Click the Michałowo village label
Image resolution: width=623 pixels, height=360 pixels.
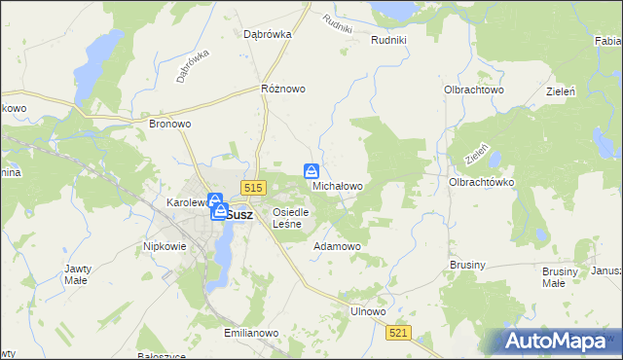[x=338, y=185]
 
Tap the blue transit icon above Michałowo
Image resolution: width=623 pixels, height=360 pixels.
[x=311, y=170]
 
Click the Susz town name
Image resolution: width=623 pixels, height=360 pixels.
[x=239, y=215]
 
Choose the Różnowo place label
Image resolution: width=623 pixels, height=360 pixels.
[x=283, y=89]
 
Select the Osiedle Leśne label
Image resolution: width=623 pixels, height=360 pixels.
[x=291, y=218]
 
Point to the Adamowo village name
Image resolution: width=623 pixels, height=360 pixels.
[x=337, y=247]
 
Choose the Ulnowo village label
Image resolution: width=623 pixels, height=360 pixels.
[x=368, y=311]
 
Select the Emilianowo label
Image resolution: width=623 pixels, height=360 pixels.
[x=251, y=332]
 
